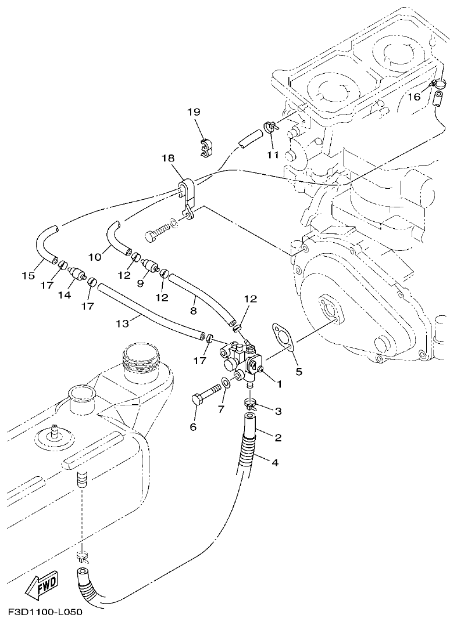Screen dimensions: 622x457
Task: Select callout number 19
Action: click(194, 112)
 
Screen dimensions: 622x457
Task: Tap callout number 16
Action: click(413, 96)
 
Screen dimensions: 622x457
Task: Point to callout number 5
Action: click(298, 371)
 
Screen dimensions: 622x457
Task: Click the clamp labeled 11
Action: click(270, 127)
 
